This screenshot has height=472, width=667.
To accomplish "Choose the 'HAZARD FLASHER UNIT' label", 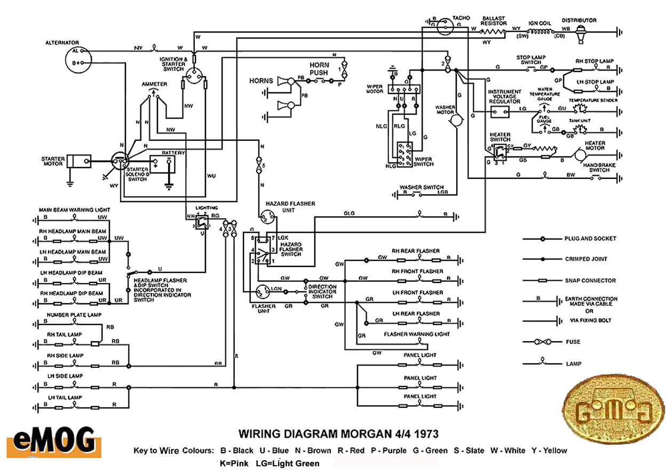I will [x=290, y=207].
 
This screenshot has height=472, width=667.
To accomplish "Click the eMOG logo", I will [x=53, y=440].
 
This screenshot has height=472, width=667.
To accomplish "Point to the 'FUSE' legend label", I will [x=573, y=342].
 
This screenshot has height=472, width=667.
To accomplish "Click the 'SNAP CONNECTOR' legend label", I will [x=590, y=280].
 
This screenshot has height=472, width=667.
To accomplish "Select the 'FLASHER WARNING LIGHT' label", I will [x=417, y=334].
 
